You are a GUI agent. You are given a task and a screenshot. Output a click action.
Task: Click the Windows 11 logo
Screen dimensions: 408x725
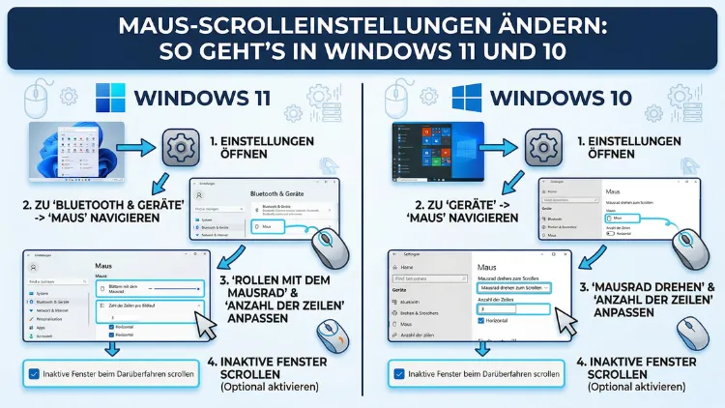(x=111, y=99)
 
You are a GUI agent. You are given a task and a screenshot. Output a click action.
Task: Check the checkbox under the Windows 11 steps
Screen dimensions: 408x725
(x=35, y=373)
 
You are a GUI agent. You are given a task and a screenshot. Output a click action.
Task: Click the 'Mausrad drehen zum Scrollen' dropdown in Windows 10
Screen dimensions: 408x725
(x=513, y=288)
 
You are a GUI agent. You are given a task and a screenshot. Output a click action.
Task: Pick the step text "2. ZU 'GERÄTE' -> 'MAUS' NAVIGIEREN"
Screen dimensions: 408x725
(x=458, y=211)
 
